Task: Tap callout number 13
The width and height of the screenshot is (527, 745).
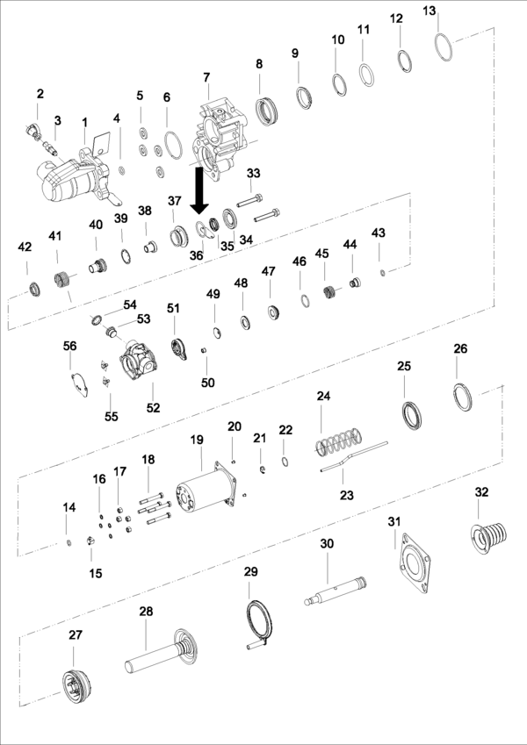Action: [x=429, y=11]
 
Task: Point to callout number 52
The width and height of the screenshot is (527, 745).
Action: [x=153, y=409]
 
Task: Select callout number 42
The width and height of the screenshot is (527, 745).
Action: [x=25, y=248]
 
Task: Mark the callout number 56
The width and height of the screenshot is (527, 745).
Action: [x=70, y=347]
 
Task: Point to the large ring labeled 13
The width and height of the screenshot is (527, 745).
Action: [x=444, y=47]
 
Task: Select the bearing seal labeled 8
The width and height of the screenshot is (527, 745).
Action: [x=264, y=111]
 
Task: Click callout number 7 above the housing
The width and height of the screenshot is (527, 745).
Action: [x=207, y=78]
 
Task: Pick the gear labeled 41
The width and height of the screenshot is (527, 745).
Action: [x=62, y=283]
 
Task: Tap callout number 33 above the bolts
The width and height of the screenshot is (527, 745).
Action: [x=254, y=173]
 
